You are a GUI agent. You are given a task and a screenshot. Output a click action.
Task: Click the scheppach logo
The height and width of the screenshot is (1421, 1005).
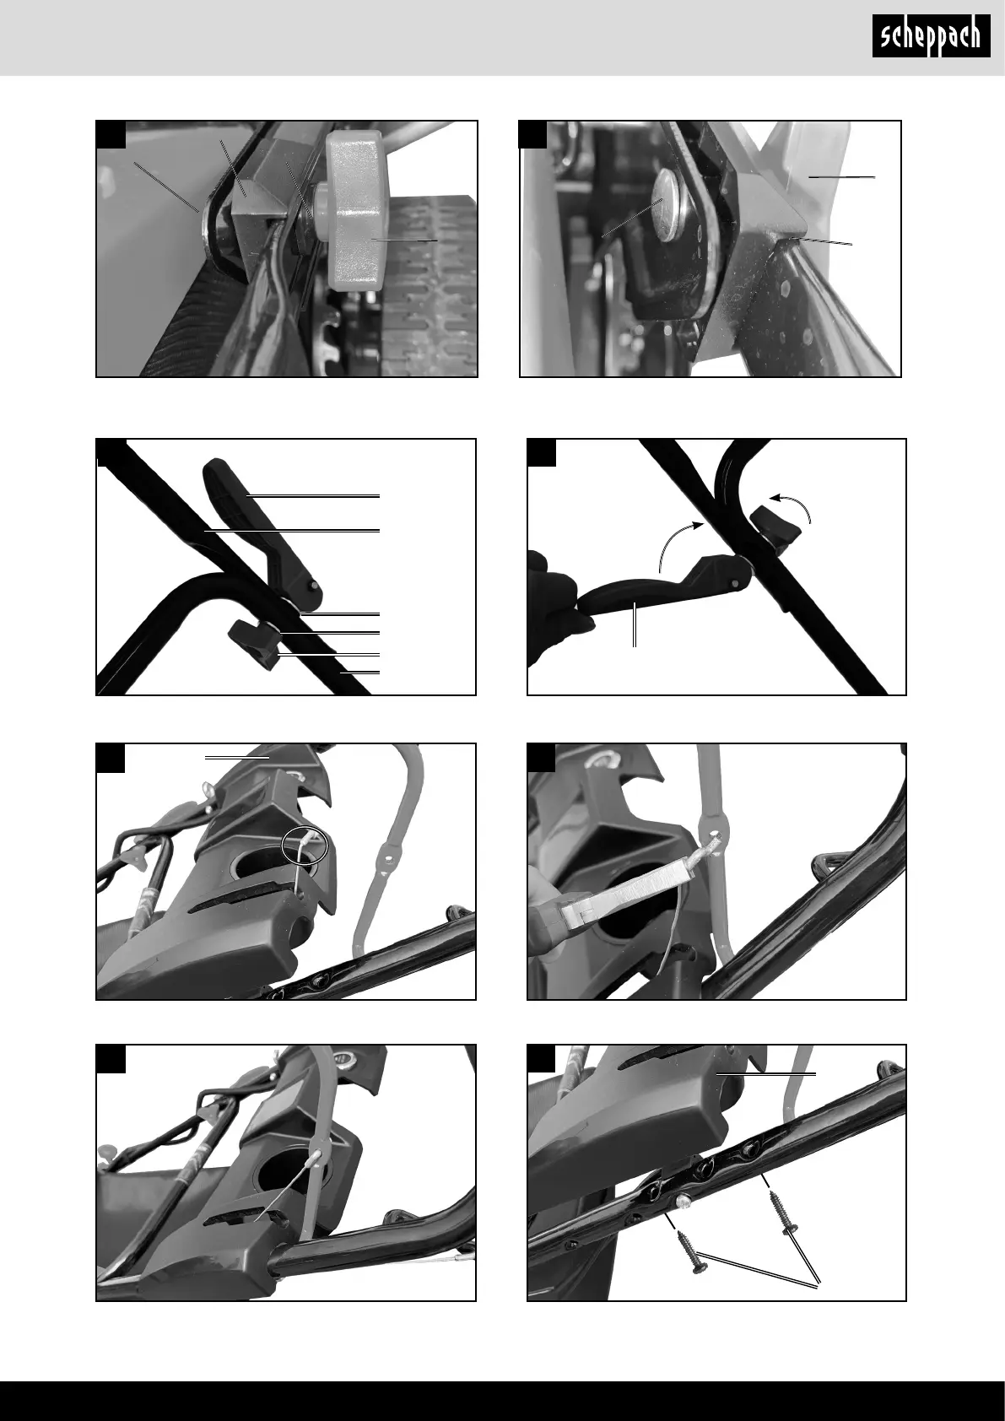click(x=931, y=36)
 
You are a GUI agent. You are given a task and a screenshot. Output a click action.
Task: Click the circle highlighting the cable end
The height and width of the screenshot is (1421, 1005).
click(x=305, y=845)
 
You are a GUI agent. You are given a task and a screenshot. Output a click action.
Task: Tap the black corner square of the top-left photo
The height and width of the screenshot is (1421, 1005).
click(x=111, y=134)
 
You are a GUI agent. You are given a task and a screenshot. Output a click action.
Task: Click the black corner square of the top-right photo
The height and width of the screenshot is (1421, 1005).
click(x=533, y=134)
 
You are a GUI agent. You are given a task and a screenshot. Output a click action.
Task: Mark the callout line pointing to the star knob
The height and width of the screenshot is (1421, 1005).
click(x=405, y=240)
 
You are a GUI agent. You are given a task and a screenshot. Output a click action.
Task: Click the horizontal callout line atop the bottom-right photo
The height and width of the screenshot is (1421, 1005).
click(x=765, y=1074)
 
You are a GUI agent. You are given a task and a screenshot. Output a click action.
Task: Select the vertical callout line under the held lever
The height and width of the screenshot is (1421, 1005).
click(x=635, y=625)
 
